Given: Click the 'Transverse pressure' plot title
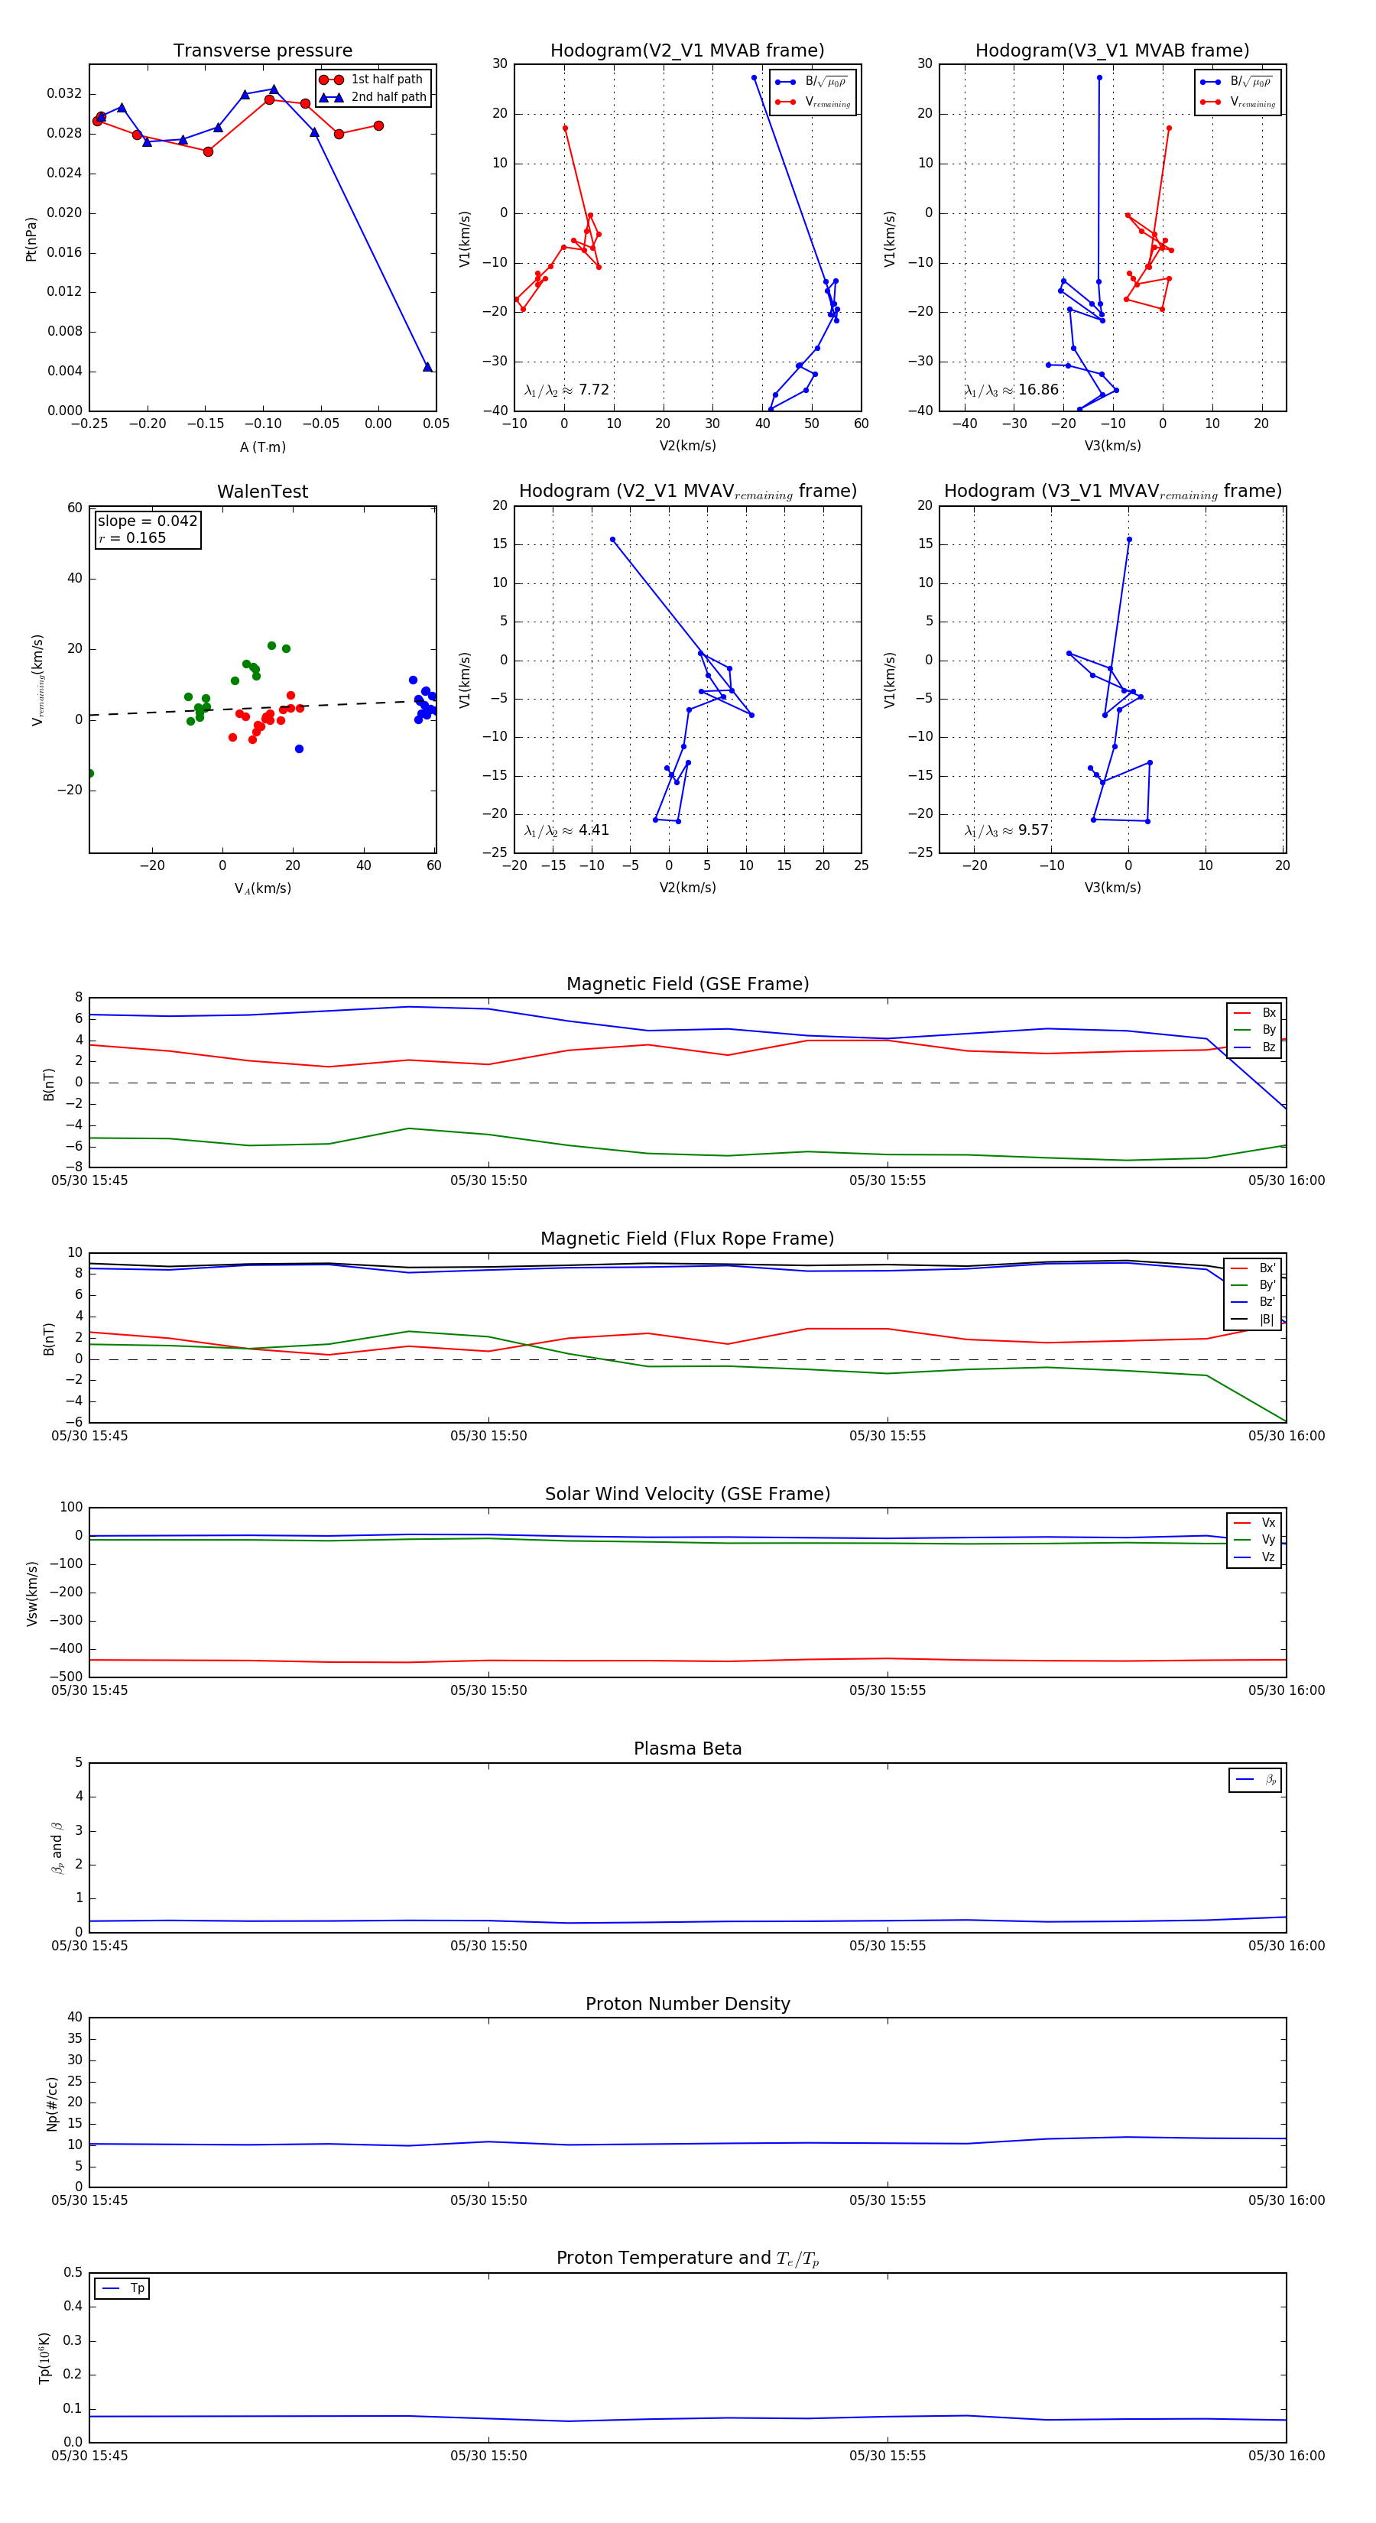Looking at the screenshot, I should coord(262,51).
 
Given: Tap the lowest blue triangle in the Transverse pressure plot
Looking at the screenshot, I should coord(427,367).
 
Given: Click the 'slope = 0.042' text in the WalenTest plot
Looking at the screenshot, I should coord(147,521).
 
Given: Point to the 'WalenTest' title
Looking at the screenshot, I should coord(262,492).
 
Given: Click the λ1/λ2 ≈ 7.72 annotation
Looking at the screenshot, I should coord(566,390).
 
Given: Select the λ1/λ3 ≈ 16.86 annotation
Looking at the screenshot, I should coord(1011,390).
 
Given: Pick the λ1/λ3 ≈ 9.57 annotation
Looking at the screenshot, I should coord(1006,830).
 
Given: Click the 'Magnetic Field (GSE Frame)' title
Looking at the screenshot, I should coord(687,984).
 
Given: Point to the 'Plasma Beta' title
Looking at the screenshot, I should coord(687,1749).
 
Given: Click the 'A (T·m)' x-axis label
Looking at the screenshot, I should coord(262,447).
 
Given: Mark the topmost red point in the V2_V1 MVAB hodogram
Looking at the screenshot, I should coord(565,128).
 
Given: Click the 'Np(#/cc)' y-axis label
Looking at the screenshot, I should coord(52,2104).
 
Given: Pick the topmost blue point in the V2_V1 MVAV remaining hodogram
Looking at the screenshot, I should coord(613,540).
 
